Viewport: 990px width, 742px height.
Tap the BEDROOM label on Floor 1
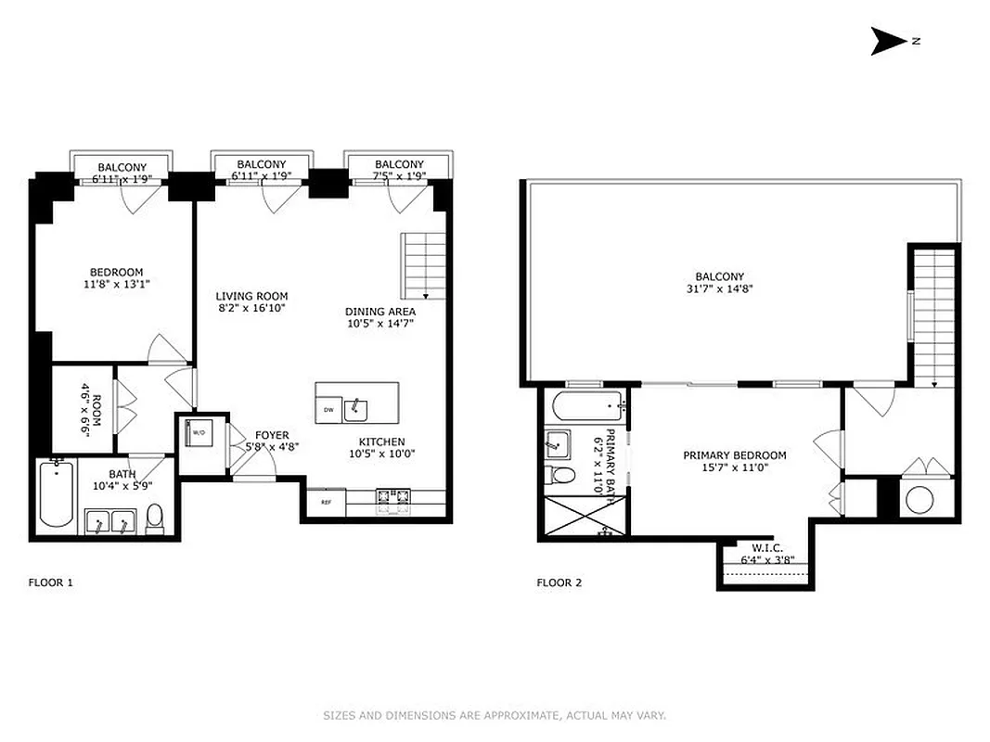click(x=116, y=272)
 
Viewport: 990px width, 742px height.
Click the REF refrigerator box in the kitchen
click(x=327, y=502)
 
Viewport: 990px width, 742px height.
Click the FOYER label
click(x=272, y=435)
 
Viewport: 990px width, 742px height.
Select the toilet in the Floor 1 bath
click(x=155, y=519)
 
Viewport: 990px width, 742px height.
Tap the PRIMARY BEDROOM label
click(x=734, y=455)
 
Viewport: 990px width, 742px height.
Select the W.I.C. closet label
click(x=762, y=547)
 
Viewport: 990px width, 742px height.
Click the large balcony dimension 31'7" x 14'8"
click(x=719, y=288)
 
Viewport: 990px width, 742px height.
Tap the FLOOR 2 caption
click(x=559, y=582)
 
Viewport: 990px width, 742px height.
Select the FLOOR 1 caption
click(x=50, y=582)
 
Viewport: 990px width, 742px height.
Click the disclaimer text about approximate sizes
click(x=495, y=715)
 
